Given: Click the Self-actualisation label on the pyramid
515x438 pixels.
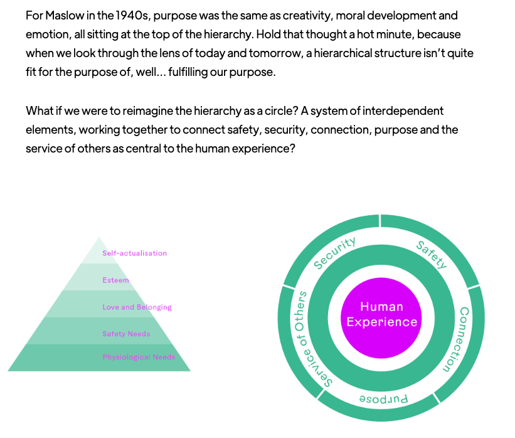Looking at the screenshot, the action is click(x=134, y=253).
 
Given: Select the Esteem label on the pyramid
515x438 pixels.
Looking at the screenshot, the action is click(x=115, y=280).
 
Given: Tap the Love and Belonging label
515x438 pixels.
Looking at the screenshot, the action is click(x=137, y=307).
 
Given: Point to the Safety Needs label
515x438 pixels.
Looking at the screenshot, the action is click(x=126, y=334).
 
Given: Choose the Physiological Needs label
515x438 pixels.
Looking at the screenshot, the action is click(x=139, y=357).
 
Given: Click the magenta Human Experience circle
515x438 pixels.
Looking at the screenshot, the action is click(x=381, y=318).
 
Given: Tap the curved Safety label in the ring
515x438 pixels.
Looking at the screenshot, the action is click(x=431, y=255).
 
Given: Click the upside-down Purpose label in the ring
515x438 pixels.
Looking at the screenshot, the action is click(x=384, y=399).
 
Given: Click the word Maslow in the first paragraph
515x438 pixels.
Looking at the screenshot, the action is click(x=65, y=16).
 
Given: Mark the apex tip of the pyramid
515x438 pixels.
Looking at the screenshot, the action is click(x=99, y=237).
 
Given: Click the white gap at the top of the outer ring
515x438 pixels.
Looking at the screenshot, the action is click(x=380, y=220).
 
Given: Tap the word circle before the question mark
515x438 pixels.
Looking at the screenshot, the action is click(x=278, y=111).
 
